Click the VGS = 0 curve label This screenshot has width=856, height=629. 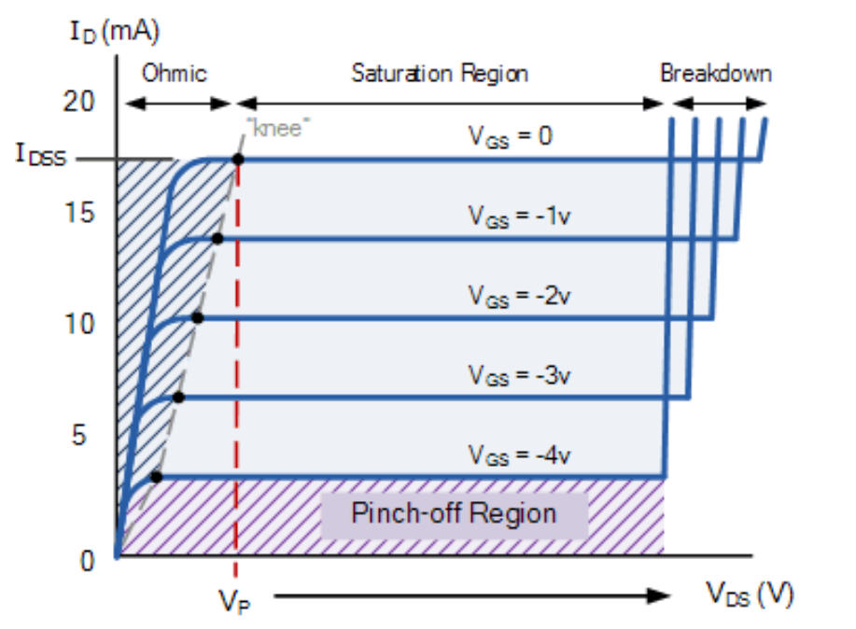pos(510,136)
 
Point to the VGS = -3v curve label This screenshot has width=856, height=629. pos(519,375)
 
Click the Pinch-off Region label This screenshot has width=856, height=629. pos(454,513)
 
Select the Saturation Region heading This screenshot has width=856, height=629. pos(439,73)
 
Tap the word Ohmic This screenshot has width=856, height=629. pos(174,73)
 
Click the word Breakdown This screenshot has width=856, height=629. pos(716,73)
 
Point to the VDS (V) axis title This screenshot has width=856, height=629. pos(749,594)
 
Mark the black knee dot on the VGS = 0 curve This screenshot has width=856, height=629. pos(238,160)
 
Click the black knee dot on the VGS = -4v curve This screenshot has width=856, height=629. pos(156,477)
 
